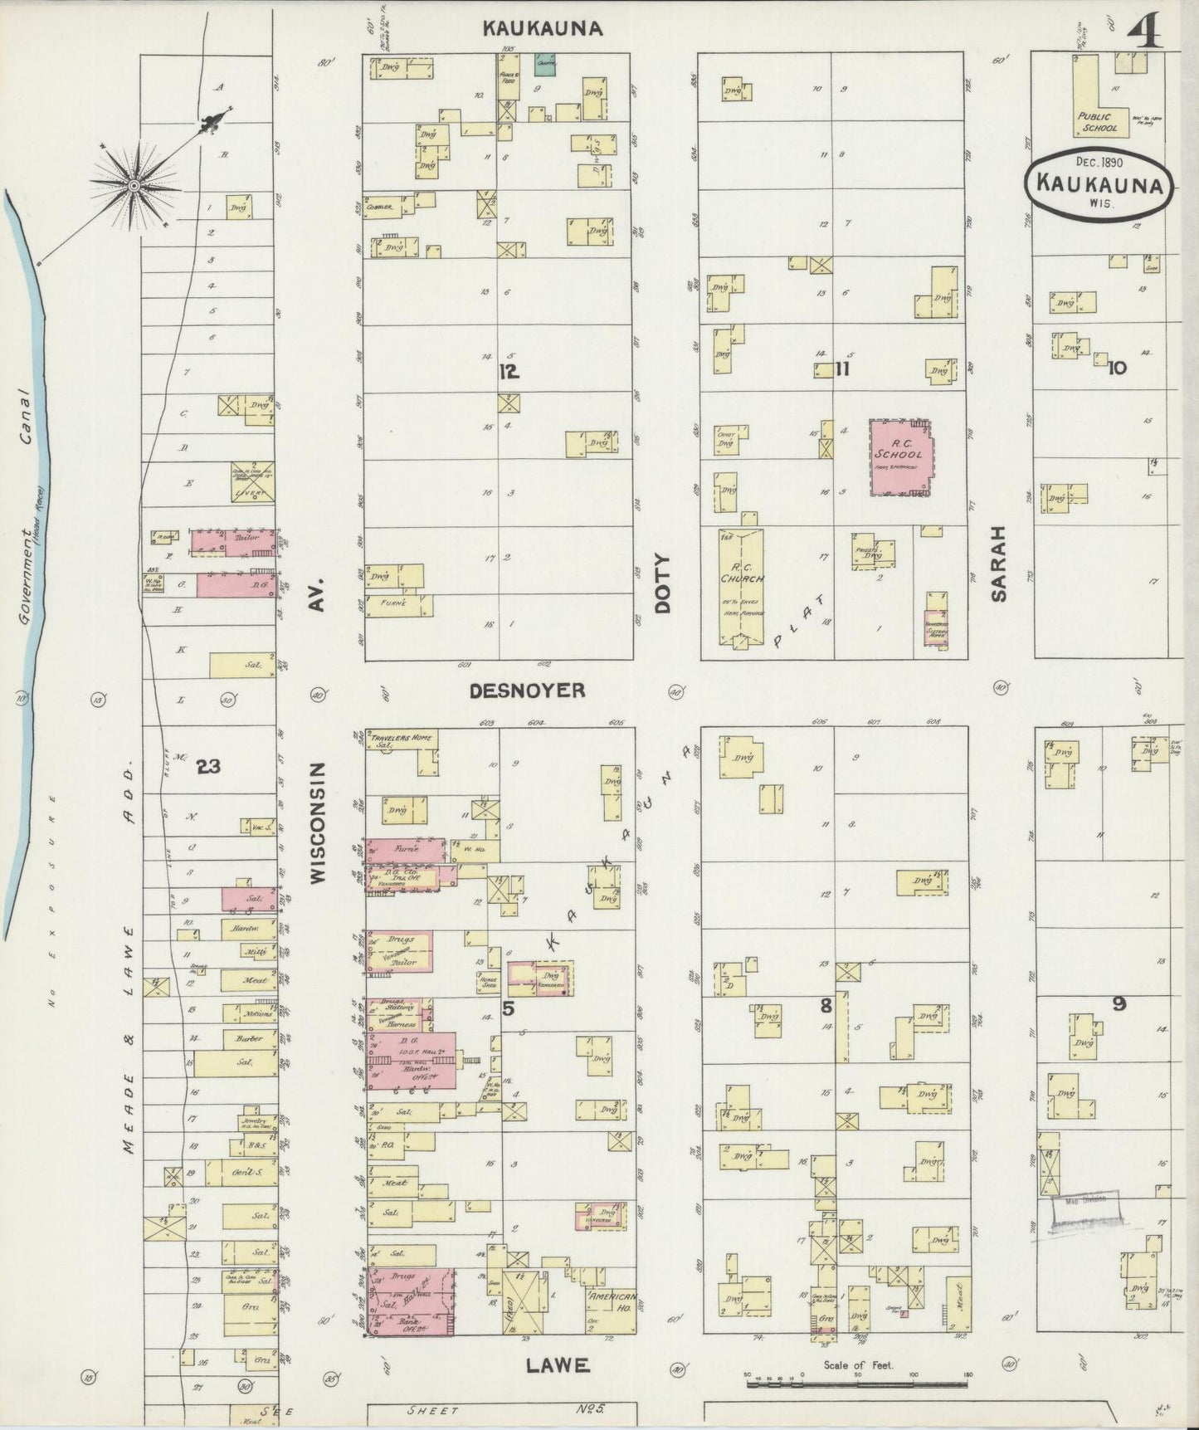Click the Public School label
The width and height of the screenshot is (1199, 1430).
1099,122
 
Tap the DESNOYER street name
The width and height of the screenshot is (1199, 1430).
527,691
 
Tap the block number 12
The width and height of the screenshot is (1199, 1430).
508,373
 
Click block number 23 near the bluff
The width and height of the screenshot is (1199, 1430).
208,767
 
